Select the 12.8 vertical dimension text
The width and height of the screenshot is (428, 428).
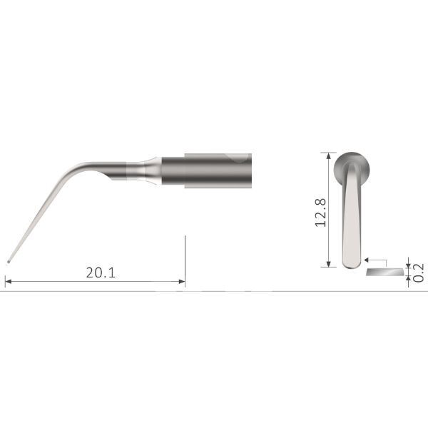(x=320, y=212)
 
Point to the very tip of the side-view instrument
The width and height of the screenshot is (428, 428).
(x=8, y=260)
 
